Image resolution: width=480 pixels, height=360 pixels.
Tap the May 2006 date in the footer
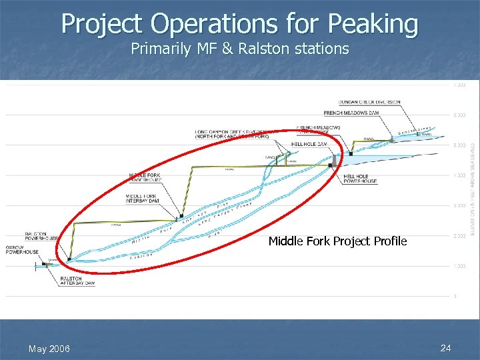[49, 349]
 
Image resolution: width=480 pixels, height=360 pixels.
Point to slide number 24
[447, 349]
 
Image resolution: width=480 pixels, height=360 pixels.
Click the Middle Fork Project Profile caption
[337, 241]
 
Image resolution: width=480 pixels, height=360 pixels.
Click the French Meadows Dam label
[360, 113]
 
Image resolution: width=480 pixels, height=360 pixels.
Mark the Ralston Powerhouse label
[41, 236]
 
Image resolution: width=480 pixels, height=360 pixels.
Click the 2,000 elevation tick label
[459, 236]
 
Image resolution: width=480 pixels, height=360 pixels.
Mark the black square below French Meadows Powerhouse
[350, 154]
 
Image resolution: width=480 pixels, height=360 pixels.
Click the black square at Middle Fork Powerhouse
[182, 216]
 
